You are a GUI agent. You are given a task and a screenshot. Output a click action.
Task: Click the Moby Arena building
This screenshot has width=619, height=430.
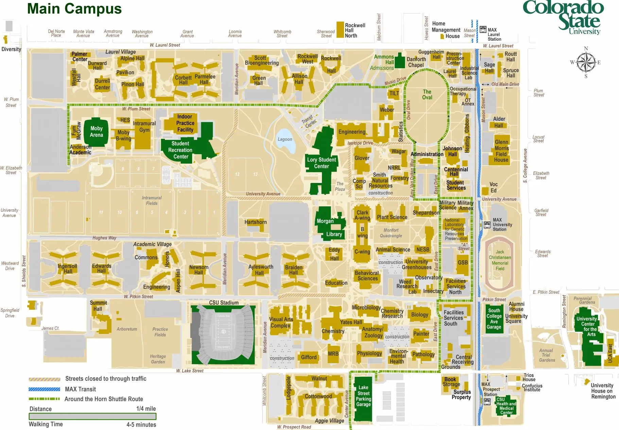click(96, 132)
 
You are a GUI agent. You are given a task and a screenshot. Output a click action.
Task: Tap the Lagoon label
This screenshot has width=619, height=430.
click(285, 139)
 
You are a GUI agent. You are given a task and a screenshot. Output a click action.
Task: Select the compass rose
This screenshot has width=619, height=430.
click(586, 62)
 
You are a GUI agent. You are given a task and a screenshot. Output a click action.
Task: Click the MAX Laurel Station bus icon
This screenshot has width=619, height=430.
click(483, 29)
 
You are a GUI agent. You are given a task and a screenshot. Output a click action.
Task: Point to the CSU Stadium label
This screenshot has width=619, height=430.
click(223, 302)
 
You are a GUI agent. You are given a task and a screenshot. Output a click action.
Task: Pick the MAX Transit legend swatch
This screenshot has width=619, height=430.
click(45, 389)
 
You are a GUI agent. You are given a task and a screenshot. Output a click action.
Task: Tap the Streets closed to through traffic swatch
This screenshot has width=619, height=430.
click(45, 379)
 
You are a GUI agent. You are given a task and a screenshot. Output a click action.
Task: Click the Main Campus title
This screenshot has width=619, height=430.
click(74, 9)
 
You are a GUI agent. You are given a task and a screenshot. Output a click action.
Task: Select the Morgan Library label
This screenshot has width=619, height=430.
click(329, 227)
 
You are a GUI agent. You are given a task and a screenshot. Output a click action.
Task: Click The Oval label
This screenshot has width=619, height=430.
click(427, 94)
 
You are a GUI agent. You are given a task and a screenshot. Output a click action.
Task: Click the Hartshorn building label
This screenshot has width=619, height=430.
click(255, 222)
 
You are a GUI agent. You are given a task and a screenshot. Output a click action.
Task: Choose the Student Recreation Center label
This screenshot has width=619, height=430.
click(180, 150)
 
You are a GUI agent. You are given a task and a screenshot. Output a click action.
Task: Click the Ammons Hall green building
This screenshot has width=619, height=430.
click(399, 60)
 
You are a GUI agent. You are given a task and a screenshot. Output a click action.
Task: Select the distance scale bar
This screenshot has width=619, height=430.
click(92, 416)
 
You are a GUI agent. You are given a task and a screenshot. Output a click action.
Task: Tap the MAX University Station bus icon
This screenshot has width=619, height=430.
click(487, 224)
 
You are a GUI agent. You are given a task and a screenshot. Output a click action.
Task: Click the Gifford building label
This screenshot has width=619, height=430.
click(308, 357)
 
